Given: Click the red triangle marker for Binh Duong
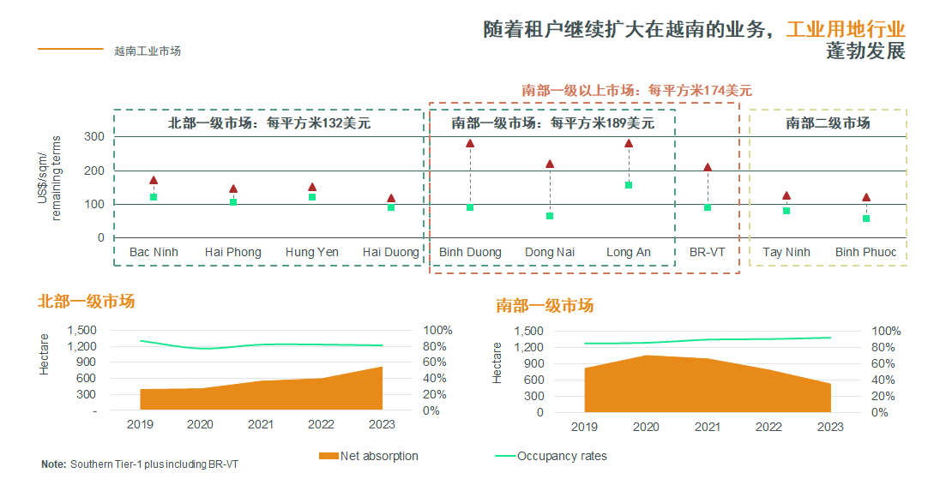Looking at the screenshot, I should tap(470, 144).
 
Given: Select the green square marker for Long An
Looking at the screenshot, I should tap(629, 185).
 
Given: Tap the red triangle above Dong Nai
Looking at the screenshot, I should tap(550, 164).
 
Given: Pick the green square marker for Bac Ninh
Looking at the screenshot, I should tap(154, 197).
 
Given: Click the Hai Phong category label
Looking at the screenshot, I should tap(232, 252).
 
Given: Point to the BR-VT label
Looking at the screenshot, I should tap(707, 252).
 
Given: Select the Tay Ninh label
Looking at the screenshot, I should tap(786, 252).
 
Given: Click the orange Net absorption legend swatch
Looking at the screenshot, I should tap(328, 456).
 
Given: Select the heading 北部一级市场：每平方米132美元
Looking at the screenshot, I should tap(268, 123).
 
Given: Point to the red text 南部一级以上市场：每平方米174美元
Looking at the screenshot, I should tap(636, 90).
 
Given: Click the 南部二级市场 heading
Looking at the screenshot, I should tap(828, 123).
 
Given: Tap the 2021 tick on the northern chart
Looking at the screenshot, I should tap(261, 425).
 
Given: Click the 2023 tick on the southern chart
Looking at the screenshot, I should tap(830, 427).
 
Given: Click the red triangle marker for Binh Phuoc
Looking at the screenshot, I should tap(866, 198).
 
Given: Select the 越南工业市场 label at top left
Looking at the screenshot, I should tap(148, 51).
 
